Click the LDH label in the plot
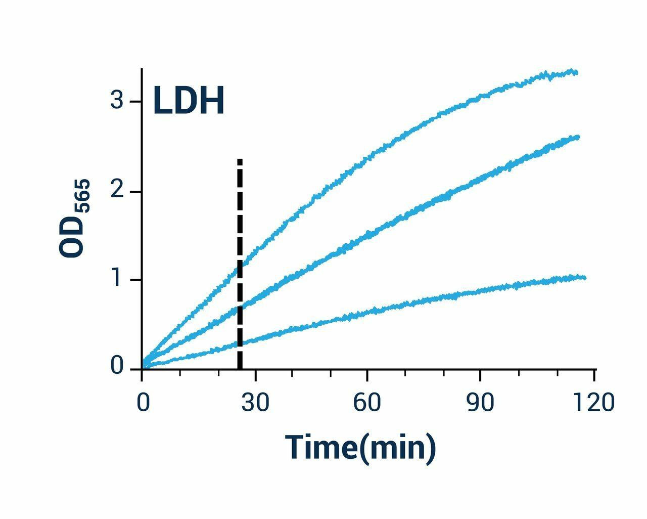coord(189,101)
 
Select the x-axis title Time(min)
coord(360,447)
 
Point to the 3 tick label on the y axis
coord(117,102)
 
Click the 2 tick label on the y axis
coord(117,192)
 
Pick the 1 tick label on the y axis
coord(117,280)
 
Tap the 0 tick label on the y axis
coord(117,366)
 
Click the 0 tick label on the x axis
coord(143,403)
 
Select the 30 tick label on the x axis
coord(255,403)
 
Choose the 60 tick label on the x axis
coord(367,403)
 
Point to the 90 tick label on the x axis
coord(480,403)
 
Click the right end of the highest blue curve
coord(576,73)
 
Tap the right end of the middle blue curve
coord(578,137)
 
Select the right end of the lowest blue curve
coord(584,278)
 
